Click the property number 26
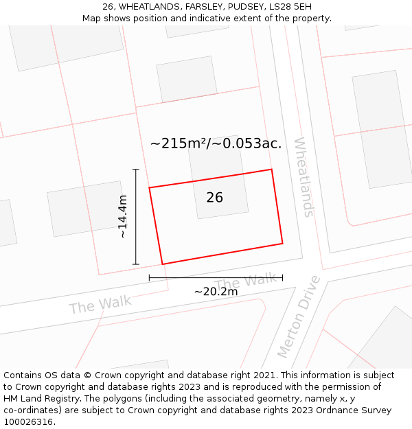pyautogui.click(x=214, y=198)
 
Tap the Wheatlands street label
pyautogui.click(x=303, y=177)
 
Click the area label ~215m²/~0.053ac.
pyautogui.click(x=216, y=143)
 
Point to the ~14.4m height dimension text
pyautogui.click(x=123, y=217)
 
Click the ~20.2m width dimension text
pyautogui.click(x=216, y=292)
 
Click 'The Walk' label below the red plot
pyautogui.click(x=245, y=281)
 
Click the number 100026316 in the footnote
pyautogui.click(x=27, y=422)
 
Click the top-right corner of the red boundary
pyautogui.click(x=271, y=170)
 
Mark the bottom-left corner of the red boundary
pyautogui.click(x=162, y=264)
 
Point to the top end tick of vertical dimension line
pyautogui.click(x=136, y=169)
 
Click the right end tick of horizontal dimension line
pyautogui.click(x=282, y=278)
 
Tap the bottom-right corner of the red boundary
pyautogui.click(x=282, y=243)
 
